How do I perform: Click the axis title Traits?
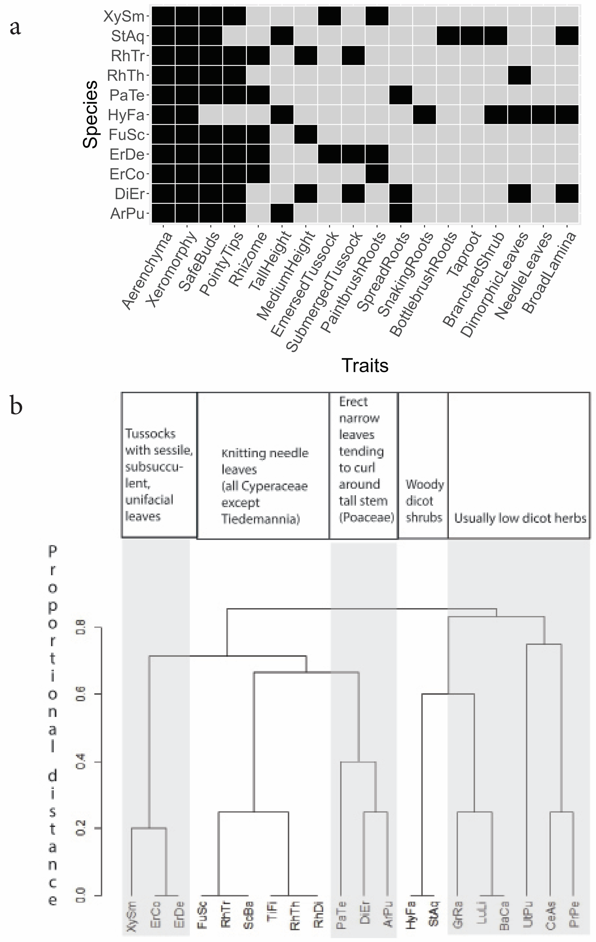coord(365,365)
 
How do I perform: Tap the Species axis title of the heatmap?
coord(90,114)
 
